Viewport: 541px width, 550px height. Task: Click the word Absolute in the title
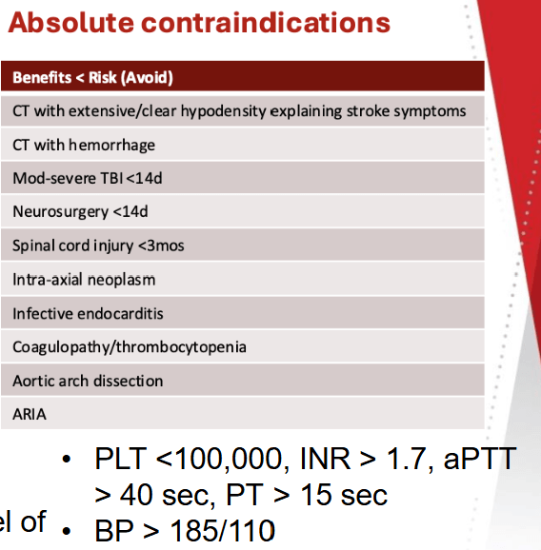(70, 23)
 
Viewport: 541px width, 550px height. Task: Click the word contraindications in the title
(266, 23)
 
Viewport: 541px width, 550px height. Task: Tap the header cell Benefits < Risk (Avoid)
(92, 77)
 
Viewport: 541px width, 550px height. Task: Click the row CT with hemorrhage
(84, 145)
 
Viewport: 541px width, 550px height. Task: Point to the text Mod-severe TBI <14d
(88, 178)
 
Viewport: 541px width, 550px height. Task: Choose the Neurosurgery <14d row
(80, 212)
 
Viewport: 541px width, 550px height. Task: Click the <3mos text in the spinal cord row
(161, 246)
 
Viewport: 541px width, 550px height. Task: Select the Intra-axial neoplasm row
(84, 280)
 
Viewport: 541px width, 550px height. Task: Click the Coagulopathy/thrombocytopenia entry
(130, 347)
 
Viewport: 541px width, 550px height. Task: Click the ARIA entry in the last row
(30, 414)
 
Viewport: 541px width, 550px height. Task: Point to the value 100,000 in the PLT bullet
(231, 458)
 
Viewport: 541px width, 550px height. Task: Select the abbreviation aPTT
(480, 458)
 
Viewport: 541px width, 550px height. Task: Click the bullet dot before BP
(66, 531)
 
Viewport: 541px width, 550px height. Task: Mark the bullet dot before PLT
(66, 460)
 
